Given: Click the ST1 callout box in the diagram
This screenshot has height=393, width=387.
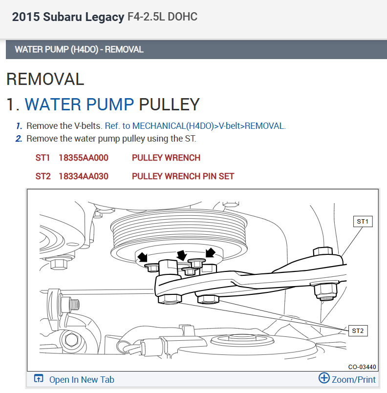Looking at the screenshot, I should (x=362, y=222).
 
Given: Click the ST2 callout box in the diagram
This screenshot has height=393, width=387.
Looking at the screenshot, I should (x=358, y=331).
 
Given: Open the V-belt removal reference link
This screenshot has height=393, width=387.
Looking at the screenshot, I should (x=195, y=125).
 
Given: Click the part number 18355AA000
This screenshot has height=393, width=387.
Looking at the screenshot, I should (x=83, y=158).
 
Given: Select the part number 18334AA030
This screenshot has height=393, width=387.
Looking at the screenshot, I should (x=83, y=176).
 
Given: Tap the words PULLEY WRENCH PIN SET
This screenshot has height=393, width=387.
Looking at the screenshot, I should (x=183, y=176).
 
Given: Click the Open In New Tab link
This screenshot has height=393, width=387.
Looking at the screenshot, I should (x=82, y=379).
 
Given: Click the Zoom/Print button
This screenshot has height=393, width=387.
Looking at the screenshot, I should (x=347, y=379).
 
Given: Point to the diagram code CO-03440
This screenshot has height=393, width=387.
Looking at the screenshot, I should (x=362, y=367).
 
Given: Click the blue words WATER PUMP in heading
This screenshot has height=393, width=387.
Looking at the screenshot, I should (x=79, y=104).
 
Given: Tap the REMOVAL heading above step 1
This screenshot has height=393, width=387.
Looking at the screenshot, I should (x=45, y=79).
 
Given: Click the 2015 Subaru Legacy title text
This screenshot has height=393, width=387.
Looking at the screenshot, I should (x=68, y=17).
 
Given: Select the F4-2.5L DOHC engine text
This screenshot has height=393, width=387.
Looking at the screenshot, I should (x=162, y=17).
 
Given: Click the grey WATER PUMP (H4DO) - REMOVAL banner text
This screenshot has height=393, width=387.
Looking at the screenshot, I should (x=79, y=49).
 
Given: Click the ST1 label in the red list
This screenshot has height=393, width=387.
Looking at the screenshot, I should (x=43, y=158).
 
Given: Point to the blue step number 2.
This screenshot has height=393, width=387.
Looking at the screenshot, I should (x=19, y=138).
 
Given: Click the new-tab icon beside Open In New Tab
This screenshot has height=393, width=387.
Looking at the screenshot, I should (x=39, y=379).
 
